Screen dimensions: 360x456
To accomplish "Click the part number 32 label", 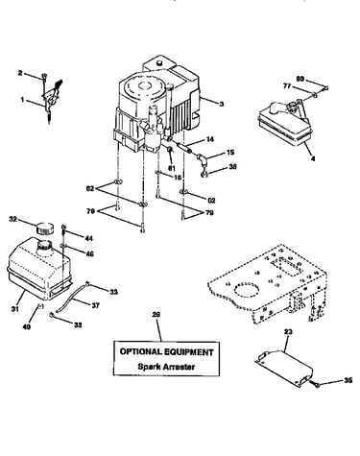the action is click(x=12, y=219).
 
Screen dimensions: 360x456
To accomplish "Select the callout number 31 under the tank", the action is click(x=14, y=309).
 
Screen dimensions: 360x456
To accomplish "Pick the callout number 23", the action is click(x=288, y=332).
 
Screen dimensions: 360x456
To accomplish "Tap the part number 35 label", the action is click(x=348, y=380).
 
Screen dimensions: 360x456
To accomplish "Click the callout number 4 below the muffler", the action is click(x=313, y=158).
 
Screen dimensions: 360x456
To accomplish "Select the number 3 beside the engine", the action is click(x=222, y=104).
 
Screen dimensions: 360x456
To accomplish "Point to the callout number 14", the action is click(x=210, y=139).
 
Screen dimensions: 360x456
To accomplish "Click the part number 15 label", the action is click(x=230, y=153).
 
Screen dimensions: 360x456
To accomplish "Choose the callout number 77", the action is click(x=287, y=85).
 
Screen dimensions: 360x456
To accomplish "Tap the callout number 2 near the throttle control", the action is click(x=20, y=73).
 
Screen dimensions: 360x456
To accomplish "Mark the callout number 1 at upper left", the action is click(x=22, y=100).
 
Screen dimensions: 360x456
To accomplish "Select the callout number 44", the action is click(x=88, y=238).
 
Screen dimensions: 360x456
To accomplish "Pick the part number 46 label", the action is click(x=90, y=253).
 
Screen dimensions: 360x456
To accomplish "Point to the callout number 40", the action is click(x=27, y=327).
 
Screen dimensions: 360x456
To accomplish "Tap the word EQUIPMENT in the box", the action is click(x=188, y=352).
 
